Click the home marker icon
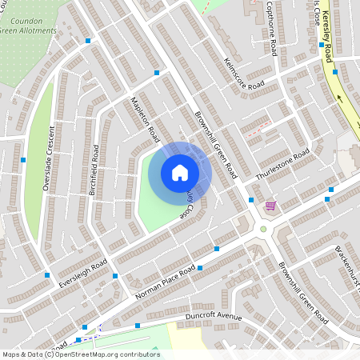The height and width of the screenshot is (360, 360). pyautogui.click(x=180, y=173)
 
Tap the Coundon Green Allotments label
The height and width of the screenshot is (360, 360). pyautogui.click(x=30, y=26)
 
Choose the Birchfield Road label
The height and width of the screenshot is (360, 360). pyautogui.click(x=94, y=170)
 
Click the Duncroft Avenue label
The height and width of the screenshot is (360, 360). pyautogui.click(x=213, y=318)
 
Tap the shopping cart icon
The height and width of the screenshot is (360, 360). pyautogui.click(x=270, y=206)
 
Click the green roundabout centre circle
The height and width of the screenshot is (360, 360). pyautogui.click(x=263, y=229)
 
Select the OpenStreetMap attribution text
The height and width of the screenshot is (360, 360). pyautogui.click(x=81, y=354)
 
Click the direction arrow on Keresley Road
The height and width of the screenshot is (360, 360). pyautogui.click(x=339, y=98)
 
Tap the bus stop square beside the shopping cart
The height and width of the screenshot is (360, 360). pyautogui.click(x=251, y=199)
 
